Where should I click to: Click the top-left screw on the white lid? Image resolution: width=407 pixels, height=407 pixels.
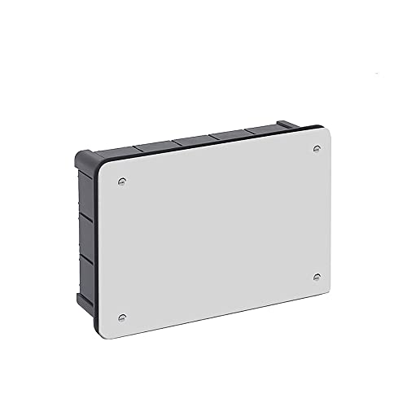pyautogui.click(x=122, y=182)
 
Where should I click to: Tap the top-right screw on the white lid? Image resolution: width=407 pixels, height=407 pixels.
pyautogui.click(x=317, y=149)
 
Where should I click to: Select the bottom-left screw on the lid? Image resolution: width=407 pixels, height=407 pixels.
pyautogui.click(x=122, y=317)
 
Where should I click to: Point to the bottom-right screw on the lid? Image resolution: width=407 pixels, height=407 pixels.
pyautogui.click(x=316, y=276)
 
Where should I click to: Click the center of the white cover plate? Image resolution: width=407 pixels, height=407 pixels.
pyautogui.click(x=218, y=230)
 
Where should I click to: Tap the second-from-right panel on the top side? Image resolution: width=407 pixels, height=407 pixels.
pyautogui.click(x=229, y=135)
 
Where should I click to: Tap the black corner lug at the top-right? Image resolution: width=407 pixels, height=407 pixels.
pyautogui.click(x=287, y=125)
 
